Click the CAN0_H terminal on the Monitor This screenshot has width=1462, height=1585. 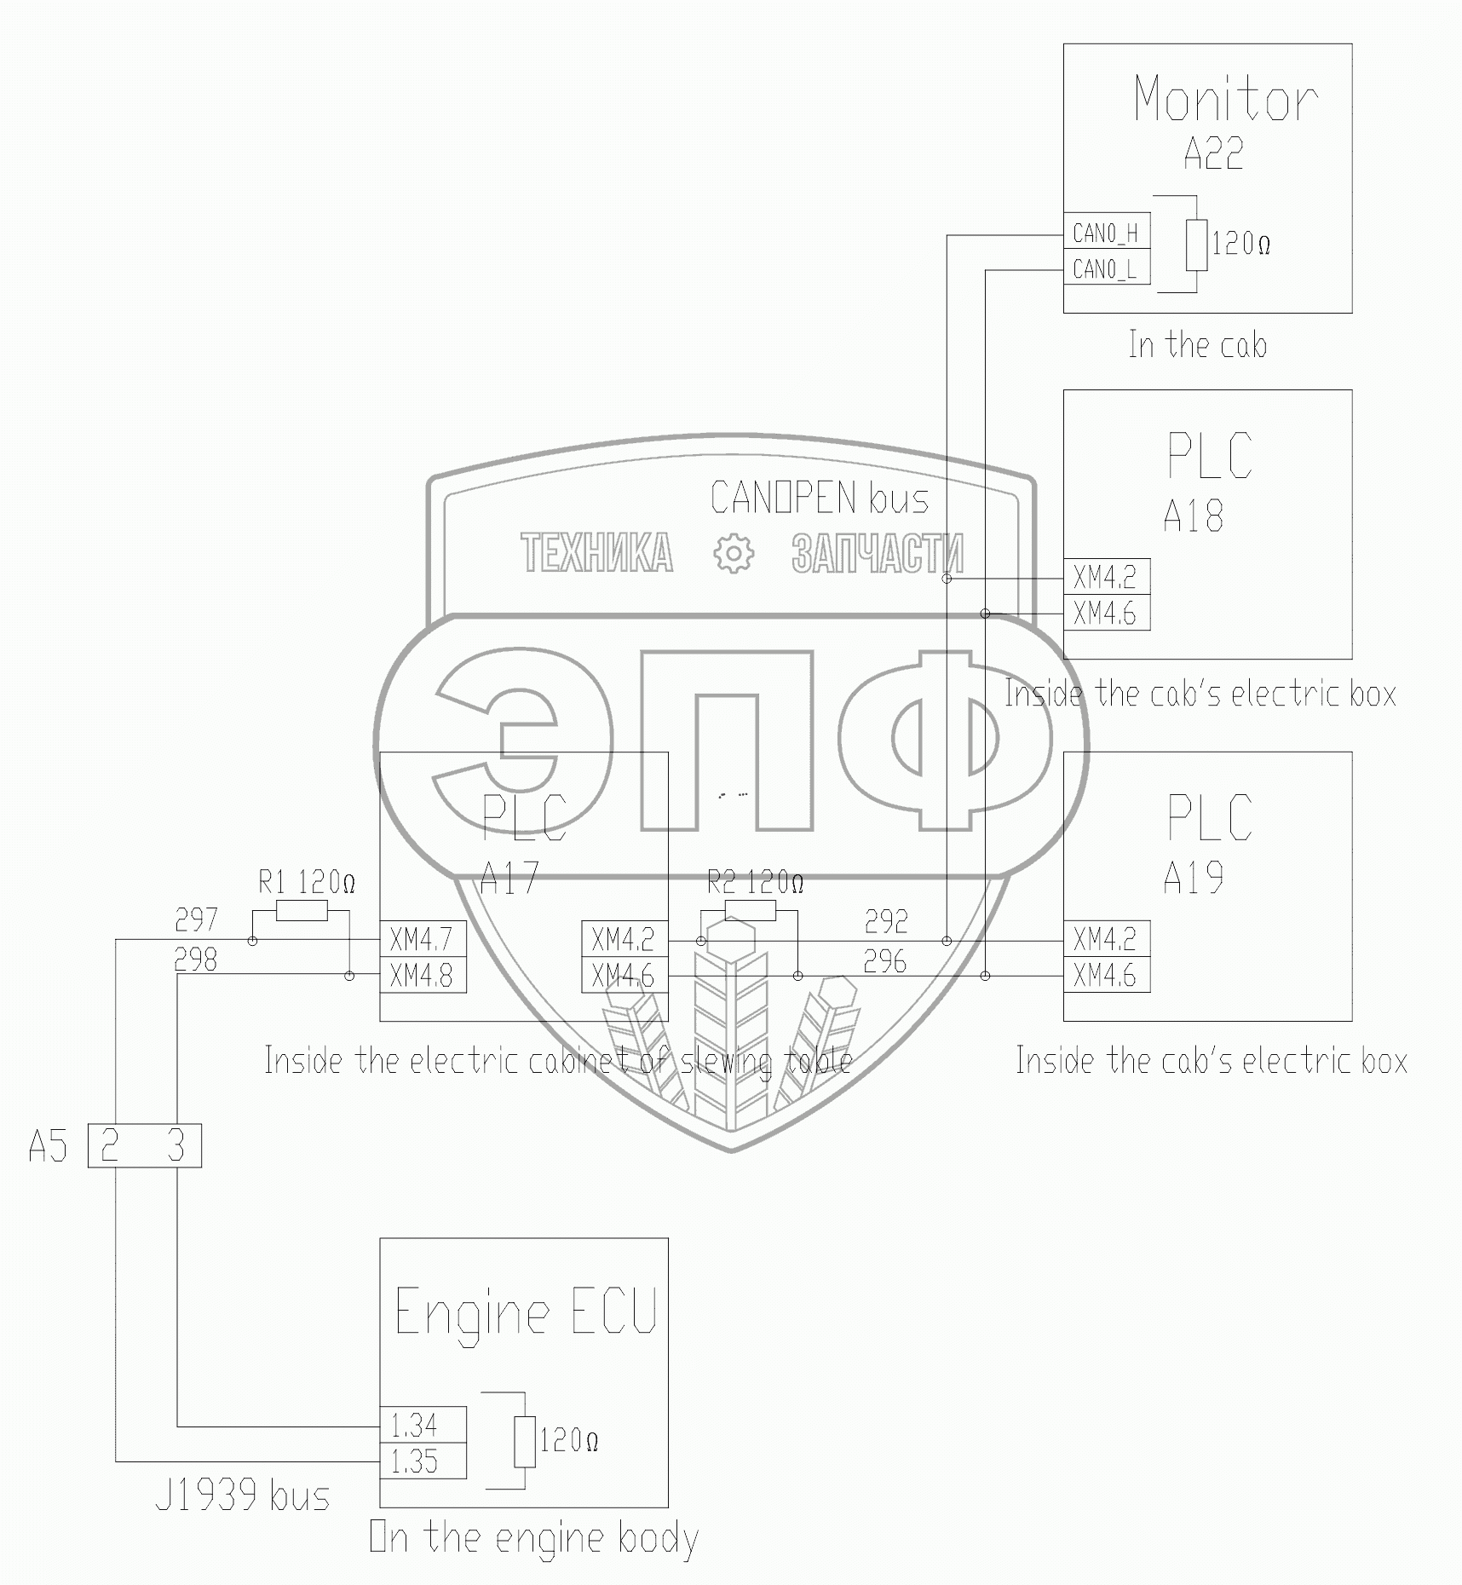pos(1105,233)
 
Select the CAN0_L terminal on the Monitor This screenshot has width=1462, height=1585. pos(1105,269)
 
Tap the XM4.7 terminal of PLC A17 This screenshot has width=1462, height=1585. pos(422,939)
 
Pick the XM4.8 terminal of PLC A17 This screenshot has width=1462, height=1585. pos(422,975)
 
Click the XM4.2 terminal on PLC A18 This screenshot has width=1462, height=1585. pos(1105,578)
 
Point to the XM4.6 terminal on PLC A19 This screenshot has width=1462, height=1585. pos(1105,975)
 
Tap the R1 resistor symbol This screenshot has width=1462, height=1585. pos(302,912)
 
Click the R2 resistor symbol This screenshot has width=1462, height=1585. pos(750,911)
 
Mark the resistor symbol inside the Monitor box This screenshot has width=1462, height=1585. pos(1196,245)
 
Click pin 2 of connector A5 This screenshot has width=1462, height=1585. pos(110,1145)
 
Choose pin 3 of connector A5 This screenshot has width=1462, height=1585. pos(176,1145)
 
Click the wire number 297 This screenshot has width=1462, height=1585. pos(196,919)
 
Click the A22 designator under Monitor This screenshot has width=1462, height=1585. pos(1212,153)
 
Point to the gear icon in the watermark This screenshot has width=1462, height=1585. pos(733,553)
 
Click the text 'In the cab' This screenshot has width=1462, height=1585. pos(1197,345)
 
